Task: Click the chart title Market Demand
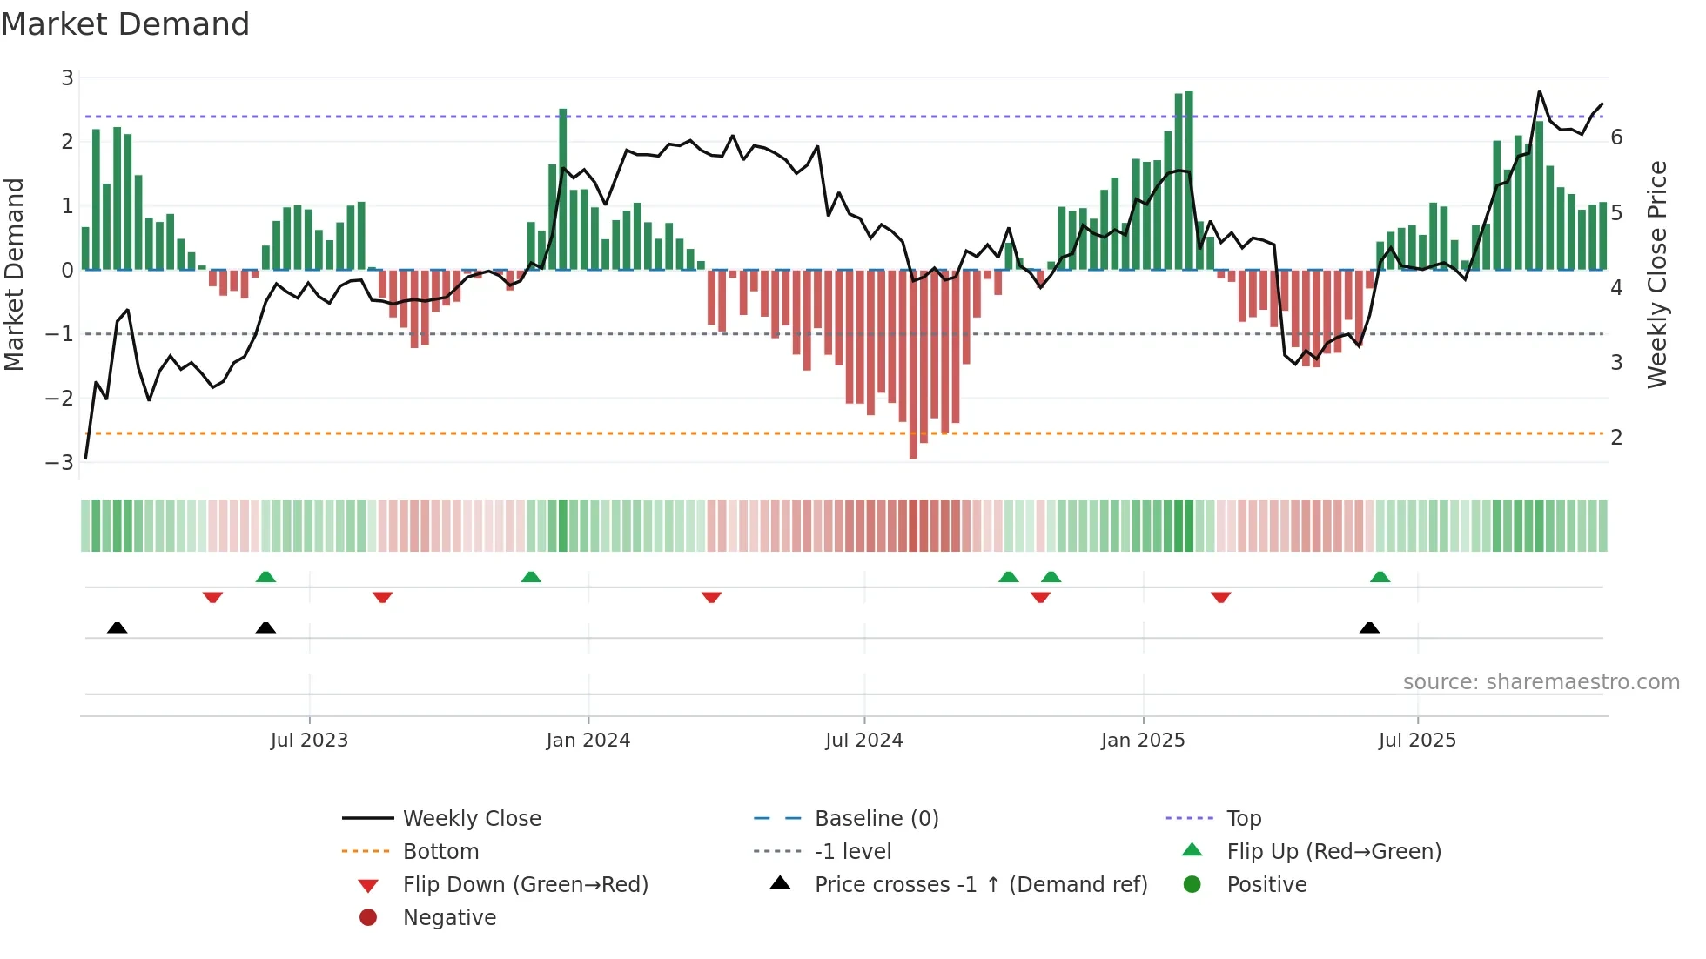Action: coord(125,24)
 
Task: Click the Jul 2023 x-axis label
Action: coord(309,741)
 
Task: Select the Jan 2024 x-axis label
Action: coord(588,741)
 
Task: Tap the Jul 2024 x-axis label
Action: coord(863,741)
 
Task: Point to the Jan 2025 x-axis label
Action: coord(1142,741)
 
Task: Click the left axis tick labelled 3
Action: coord(67,78)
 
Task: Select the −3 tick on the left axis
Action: coord(60,462)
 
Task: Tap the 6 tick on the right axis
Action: coord(1616,137)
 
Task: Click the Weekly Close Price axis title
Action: coord(1656,274)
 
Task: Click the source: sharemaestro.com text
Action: coord(1541,682)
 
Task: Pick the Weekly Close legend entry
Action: coord(471,819)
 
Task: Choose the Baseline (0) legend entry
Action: coord(876,819)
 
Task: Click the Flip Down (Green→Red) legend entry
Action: coord(525,885)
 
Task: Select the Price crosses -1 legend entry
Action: coord(980,885)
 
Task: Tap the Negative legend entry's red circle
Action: coord(368,918)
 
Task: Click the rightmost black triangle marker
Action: coord(1369,628)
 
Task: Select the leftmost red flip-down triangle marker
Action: coord(212,597)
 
